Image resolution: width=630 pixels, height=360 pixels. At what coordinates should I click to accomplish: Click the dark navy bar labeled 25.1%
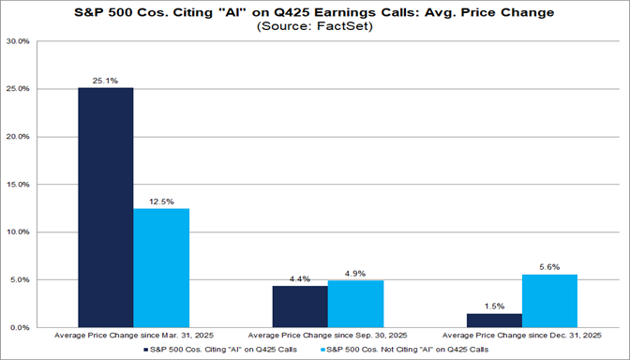tap(105, 207)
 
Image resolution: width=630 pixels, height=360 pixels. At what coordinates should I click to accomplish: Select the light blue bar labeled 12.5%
tap(160, 267)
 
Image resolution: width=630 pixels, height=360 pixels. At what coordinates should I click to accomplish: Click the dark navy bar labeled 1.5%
tap(494, 320)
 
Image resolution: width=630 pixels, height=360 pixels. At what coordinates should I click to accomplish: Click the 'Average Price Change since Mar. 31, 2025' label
tap(133, 335)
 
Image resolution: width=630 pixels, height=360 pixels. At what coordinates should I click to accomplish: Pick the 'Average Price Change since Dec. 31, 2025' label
tap(521, 335)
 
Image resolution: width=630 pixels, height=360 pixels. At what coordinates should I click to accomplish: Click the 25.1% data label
tap(105, 80)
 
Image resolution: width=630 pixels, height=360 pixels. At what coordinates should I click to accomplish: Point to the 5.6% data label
tap(549, 266)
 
